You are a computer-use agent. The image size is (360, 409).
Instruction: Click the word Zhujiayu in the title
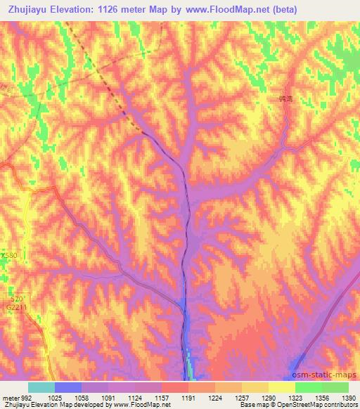(x=27, y=9)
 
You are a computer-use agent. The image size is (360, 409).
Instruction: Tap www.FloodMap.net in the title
(x=225, y=9)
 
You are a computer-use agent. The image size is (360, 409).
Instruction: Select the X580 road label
(x=8, y=255)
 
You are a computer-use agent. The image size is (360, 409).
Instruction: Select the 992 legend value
(x=27, y=398)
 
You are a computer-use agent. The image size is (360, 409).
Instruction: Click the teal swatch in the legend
(x=41, y=387)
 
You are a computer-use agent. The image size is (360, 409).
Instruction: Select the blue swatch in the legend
(x=68, y=387)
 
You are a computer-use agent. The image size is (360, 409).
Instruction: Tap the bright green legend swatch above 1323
(x=308, y=387)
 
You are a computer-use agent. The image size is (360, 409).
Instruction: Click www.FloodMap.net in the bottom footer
(x=141, y=405)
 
